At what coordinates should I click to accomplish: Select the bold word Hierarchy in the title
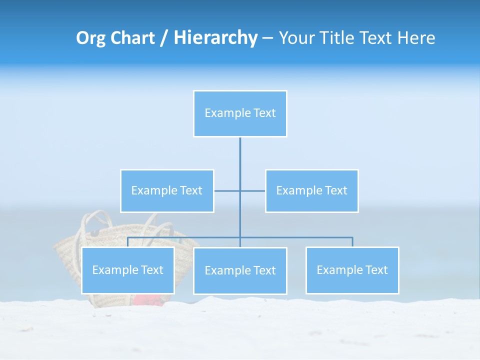tap(215, 38)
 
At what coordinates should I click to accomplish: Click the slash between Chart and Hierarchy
tap(164, 38)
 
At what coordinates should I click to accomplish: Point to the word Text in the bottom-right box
tap(376, 270)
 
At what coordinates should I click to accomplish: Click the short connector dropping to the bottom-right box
tap(352, 242)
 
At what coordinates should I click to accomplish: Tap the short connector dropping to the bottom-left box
tap(128, 242)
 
